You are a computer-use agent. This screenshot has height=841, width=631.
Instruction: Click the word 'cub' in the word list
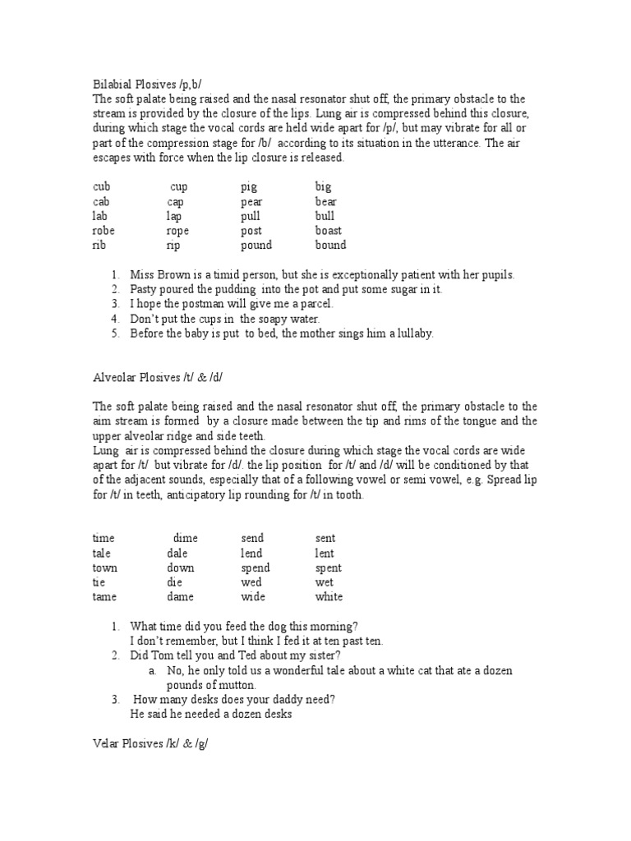[101, 186]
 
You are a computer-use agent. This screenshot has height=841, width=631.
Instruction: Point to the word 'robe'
[104, 231]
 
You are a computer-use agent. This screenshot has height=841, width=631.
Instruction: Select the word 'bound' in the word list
[330, 245]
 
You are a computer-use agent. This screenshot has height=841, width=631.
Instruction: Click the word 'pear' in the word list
[251, 201]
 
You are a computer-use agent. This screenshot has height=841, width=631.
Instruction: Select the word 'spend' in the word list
[255, 568]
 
